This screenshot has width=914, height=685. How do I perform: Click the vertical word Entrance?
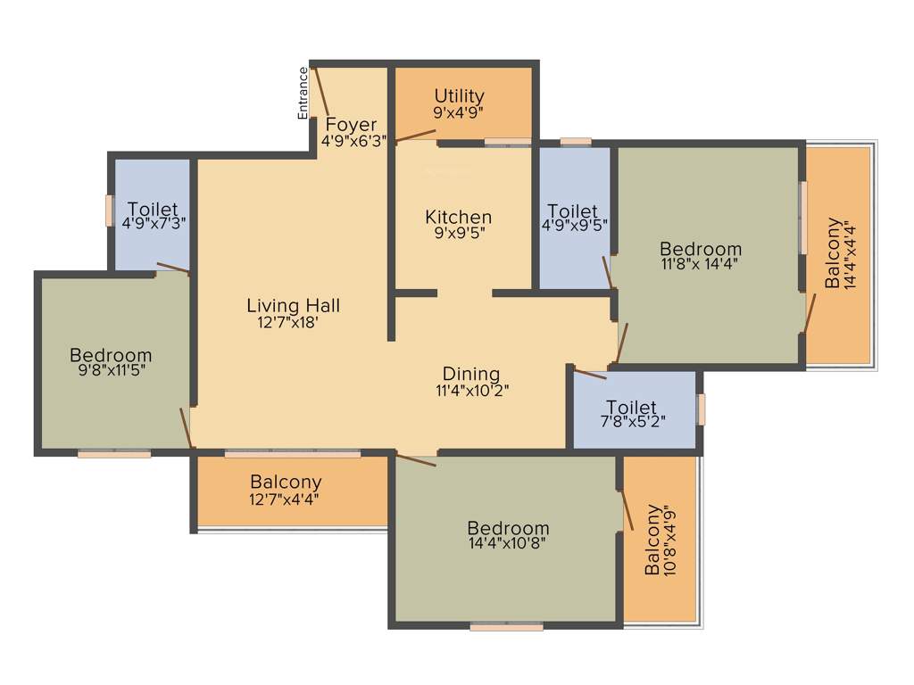click(303, 93)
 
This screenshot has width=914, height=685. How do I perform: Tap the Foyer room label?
click(351, 124)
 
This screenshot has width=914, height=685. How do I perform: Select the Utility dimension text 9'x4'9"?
click(459, 113)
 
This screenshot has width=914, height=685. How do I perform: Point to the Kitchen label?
click(458, 217)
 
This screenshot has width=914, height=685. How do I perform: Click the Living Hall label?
click(293, 306)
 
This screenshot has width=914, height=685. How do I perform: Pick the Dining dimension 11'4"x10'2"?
click(471, 390)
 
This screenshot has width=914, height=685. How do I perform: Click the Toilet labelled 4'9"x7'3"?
click(153, 210)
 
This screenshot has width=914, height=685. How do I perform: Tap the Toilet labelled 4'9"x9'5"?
click(572, 210)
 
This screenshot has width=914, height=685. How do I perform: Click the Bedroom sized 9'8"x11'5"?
click(111, 355)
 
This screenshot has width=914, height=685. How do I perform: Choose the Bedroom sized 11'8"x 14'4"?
click(700, 248)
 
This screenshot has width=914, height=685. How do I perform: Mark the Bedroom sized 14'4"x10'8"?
click(508, 528)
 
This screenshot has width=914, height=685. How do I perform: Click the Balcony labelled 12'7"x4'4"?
click(286, 483)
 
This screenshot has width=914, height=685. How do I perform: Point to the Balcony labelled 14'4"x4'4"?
click(833, 253)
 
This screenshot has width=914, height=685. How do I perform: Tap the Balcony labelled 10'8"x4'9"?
click(654, 540)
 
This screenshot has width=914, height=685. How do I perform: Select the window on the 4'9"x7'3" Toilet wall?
click(109, 210)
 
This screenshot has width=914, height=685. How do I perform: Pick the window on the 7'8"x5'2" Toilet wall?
click(701, 409)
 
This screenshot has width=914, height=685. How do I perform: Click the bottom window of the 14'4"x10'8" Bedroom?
click(506, 627)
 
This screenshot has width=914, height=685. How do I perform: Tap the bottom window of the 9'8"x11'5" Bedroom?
click(113, 454)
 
